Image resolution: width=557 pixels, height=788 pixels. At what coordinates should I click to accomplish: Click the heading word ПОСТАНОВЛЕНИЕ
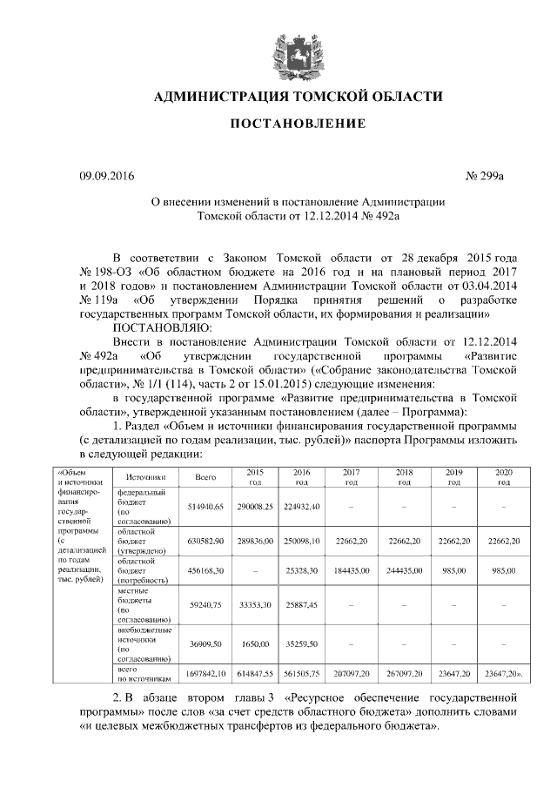click(x=297, y=125)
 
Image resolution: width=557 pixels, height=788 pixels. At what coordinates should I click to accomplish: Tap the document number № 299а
click(x=486, y=177)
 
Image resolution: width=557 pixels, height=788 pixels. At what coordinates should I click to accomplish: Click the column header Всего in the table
click(x=205, y=477)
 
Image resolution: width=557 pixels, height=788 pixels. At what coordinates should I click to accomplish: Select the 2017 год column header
click(x=352, y=477)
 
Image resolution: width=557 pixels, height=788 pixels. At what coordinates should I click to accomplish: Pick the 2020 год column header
click(x=503, y=477)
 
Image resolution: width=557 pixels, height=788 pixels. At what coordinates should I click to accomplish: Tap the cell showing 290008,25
click(x=255, y=506)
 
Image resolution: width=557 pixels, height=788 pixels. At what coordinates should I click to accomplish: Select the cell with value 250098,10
click(x=302, y=541)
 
